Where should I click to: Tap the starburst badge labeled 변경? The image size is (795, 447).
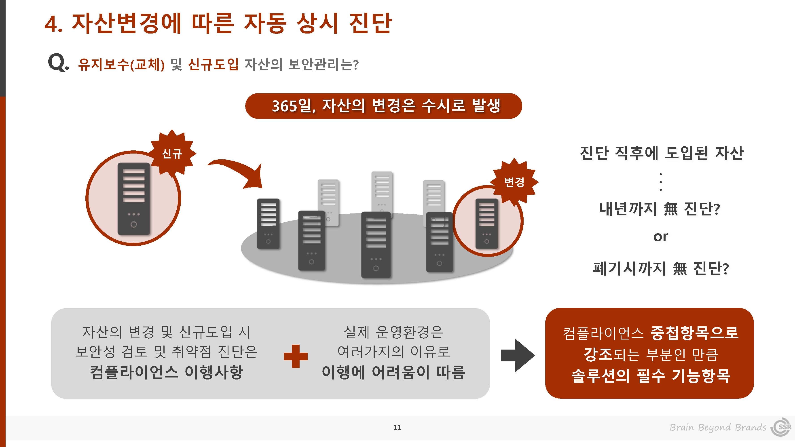point(514,182)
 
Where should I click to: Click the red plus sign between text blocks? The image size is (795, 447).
point(296,356)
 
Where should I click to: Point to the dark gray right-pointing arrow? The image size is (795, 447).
point(518,356)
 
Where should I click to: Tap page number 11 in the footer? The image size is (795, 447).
point(397,427)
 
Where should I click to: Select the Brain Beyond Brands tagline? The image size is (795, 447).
point(718,427)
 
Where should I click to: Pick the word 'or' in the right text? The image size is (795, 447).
point(661,237)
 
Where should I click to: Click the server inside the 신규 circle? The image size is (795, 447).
point(134,199)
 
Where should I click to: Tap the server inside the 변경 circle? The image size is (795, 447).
point(487,223)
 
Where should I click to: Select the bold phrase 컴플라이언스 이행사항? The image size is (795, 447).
point(167,372)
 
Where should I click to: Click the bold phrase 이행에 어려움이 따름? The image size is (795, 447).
point(393,372)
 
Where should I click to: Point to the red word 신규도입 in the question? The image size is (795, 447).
point(213,64)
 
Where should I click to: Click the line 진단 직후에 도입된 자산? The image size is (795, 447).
point(662,153)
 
